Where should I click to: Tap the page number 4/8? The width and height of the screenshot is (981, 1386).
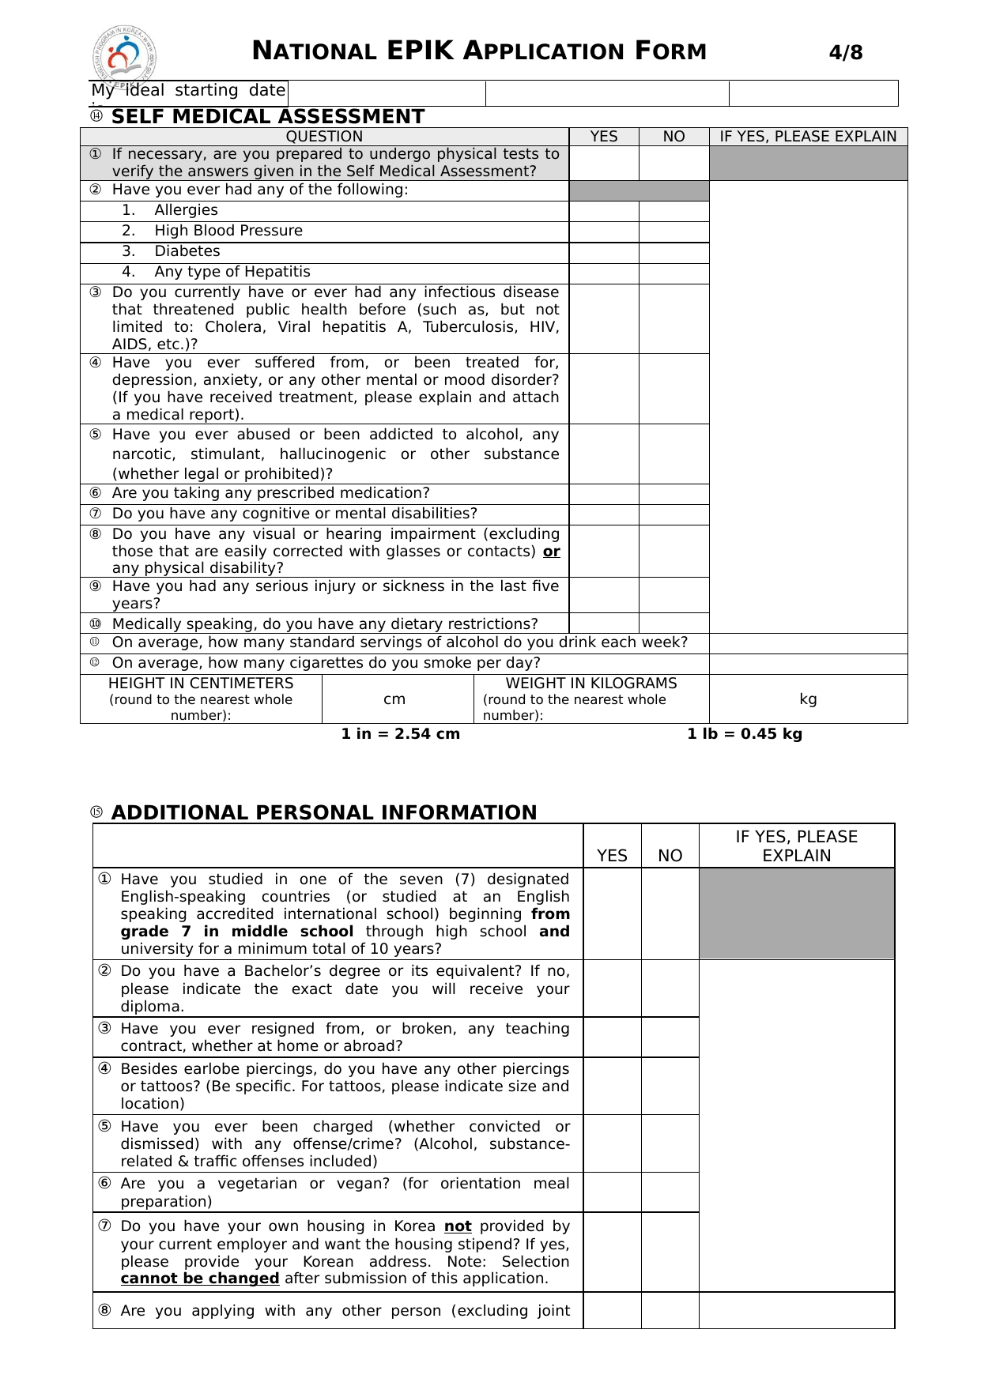click(845, 53)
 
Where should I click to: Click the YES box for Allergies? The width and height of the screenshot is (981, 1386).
click(604, 211)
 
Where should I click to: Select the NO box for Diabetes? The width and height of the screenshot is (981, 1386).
click(673, 253)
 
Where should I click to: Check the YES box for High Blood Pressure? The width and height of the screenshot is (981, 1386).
click(604, 232)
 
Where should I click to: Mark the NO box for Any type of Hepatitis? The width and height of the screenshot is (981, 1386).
click(673, 273)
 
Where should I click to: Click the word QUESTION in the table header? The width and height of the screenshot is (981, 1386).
click(324, 137)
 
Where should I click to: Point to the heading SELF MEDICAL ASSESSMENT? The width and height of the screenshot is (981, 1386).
click(268, 117)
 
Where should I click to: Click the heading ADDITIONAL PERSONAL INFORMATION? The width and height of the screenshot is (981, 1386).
click(324, 812)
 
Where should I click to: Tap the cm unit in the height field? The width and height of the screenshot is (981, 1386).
click(394, 699)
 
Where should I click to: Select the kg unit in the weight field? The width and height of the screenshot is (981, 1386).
click(808, 699)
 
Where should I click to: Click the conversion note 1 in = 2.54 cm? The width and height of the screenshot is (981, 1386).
click(400, 734)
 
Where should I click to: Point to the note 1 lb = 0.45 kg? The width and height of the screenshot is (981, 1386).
click(745, 734)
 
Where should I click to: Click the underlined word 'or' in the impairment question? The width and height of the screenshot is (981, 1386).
click(552, 552)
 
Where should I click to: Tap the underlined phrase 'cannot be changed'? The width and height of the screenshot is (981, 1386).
click(200, 1279)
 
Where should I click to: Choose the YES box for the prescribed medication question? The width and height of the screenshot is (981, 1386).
click(604, 494)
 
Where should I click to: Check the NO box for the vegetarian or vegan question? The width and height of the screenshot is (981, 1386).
click(670, 1192)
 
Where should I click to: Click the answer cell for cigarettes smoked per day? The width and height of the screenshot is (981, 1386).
click(808, 664)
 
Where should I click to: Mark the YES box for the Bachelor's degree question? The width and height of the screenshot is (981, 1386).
click(612, 989)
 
